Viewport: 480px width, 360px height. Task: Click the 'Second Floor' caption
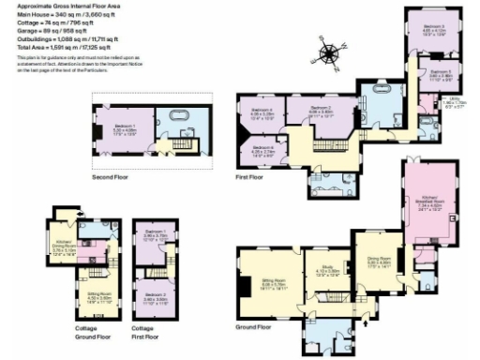(x=111, y=176)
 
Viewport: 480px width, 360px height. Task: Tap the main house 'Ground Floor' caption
(x=257, y=327)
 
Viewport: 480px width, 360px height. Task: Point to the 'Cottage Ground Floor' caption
(x=88, y=332)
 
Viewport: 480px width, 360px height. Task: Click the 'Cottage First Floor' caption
(x=142, y=332)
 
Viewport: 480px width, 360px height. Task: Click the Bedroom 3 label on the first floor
(x=433, y=29)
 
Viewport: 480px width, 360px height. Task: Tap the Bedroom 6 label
(x=262, y=151)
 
